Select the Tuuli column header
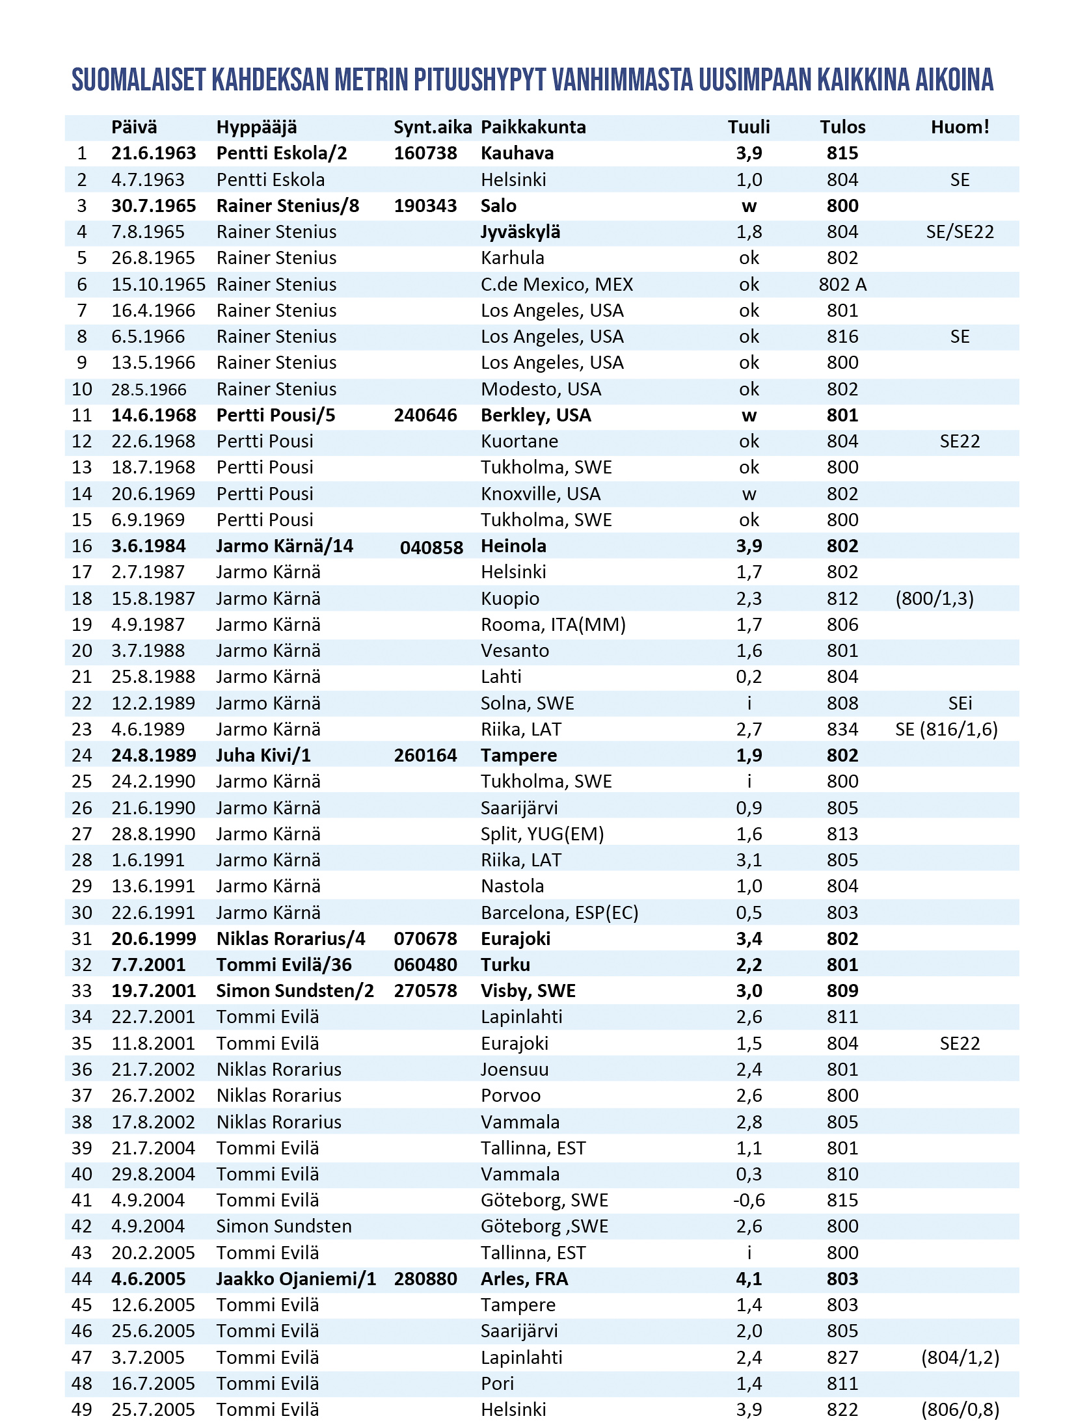tap(748, 127)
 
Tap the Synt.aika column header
tap(432, 127)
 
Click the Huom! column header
tap(960, 127)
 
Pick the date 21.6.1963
tap(154, 153)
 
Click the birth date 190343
tap(425, 206)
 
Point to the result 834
tap(842, 729)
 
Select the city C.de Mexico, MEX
tap(556, 284)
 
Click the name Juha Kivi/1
tap(263, 755)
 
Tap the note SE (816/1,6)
tap(946, 729)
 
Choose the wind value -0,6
tap(748, 1200)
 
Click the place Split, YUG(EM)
tap(542, 834)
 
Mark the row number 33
tap(82, 991)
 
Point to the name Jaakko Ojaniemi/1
tap(296, 1279)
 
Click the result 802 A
tap(842, 284)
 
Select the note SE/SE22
tap(960, 232)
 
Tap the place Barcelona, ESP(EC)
tap(559, 912)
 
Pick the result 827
tap(842, 1357)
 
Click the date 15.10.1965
tap(158, 284)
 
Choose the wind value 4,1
tap(748, 1279)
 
